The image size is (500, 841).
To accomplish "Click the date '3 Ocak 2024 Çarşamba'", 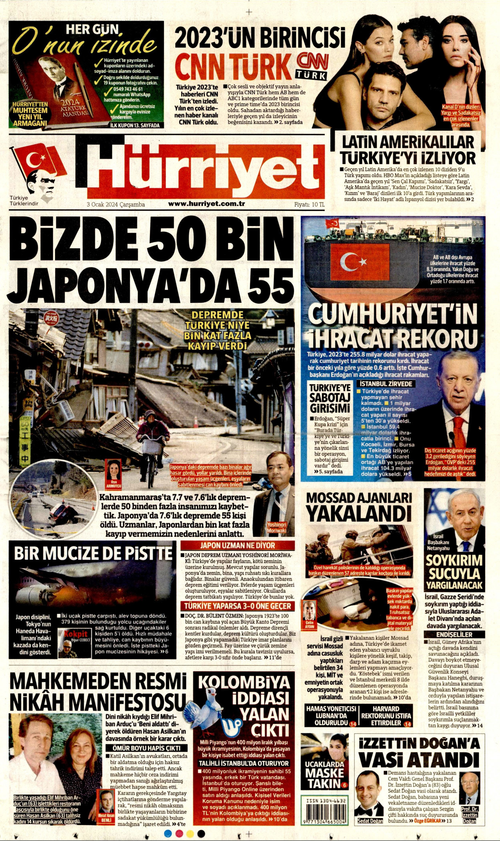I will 116,205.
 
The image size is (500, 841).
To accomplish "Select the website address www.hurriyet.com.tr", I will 207,203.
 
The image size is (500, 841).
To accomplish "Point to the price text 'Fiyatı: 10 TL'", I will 309,204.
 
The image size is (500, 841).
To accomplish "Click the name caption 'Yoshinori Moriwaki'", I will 277,527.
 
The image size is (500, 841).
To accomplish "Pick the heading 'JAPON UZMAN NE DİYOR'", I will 237,545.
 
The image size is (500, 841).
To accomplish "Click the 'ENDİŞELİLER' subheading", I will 454,634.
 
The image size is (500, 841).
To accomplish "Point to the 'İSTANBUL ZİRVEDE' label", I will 386,384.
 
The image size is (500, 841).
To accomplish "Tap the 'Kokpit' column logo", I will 76,634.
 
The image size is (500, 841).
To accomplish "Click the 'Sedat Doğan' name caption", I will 370,821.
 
